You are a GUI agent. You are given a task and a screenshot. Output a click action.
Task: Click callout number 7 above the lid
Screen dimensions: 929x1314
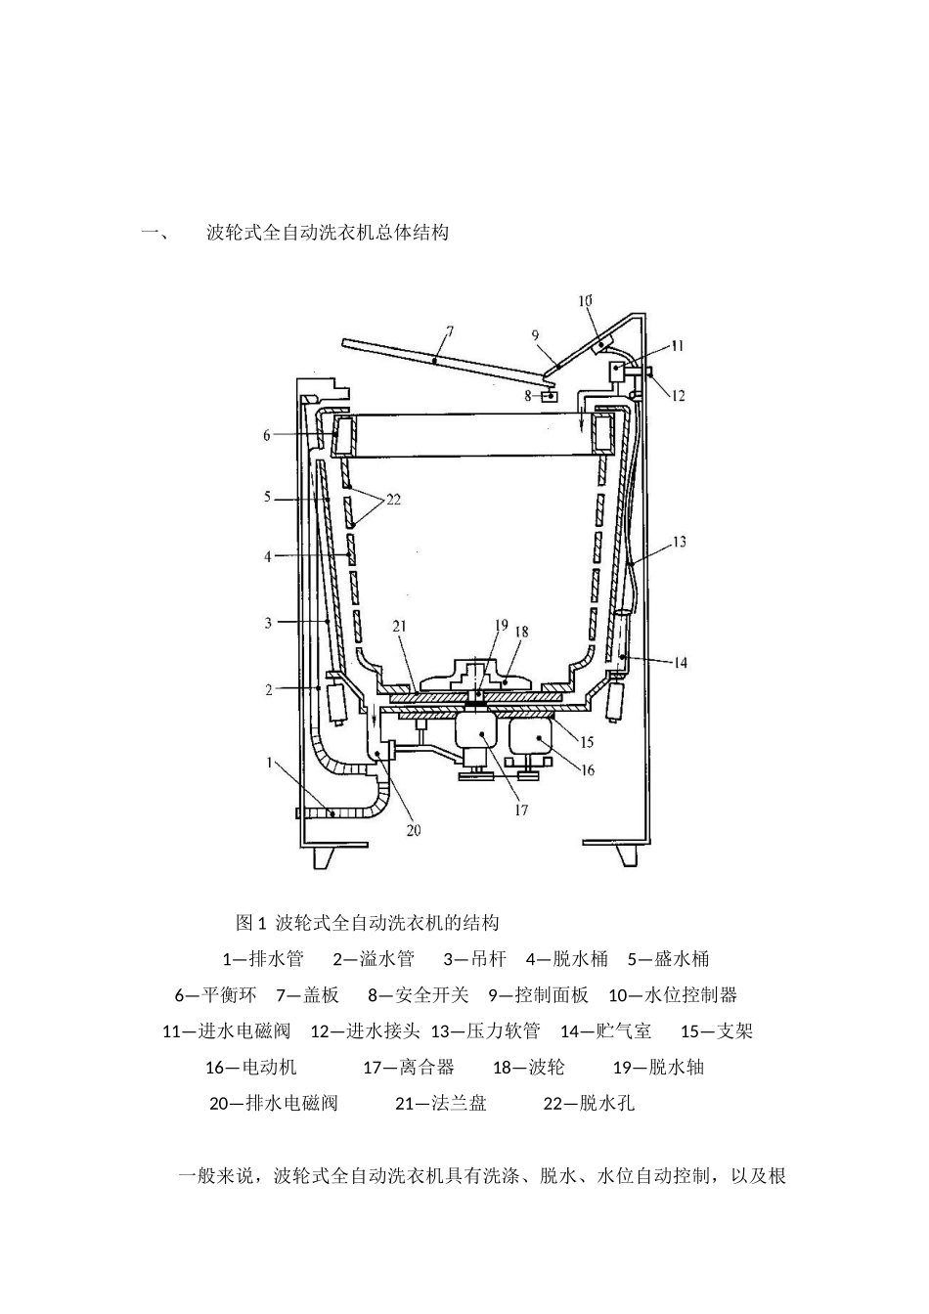[449, 332]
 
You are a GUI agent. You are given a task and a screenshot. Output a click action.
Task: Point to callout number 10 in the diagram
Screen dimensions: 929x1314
[585, 301]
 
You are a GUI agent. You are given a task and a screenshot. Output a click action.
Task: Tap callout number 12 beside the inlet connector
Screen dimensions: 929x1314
[678, 396]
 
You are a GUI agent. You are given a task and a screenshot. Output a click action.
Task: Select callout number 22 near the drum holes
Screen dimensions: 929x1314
[393, 500]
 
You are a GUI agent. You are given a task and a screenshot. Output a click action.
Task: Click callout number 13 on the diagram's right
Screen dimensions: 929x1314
[679, 542]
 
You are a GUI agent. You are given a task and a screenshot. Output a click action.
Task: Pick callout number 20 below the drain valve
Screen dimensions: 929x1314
[414, 830]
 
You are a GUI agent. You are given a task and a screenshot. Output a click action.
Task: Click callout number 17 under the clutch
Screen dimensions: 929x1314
[521, 810]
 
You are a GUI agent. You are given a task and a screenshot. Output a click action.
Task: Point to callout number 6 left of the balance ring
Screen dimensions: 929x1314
[267, 435]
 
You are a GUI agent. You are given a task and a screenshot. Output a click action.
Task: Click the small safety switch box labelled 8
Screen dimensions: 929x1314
[550, 397]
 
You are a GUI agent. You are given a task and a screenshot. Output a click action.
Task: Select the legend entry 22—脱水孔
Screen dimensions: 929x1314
[590, 1103]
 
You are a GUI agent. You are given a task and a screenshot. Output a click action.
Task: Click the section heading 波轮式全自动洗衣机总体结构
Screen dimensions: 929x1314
[328, 233]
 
